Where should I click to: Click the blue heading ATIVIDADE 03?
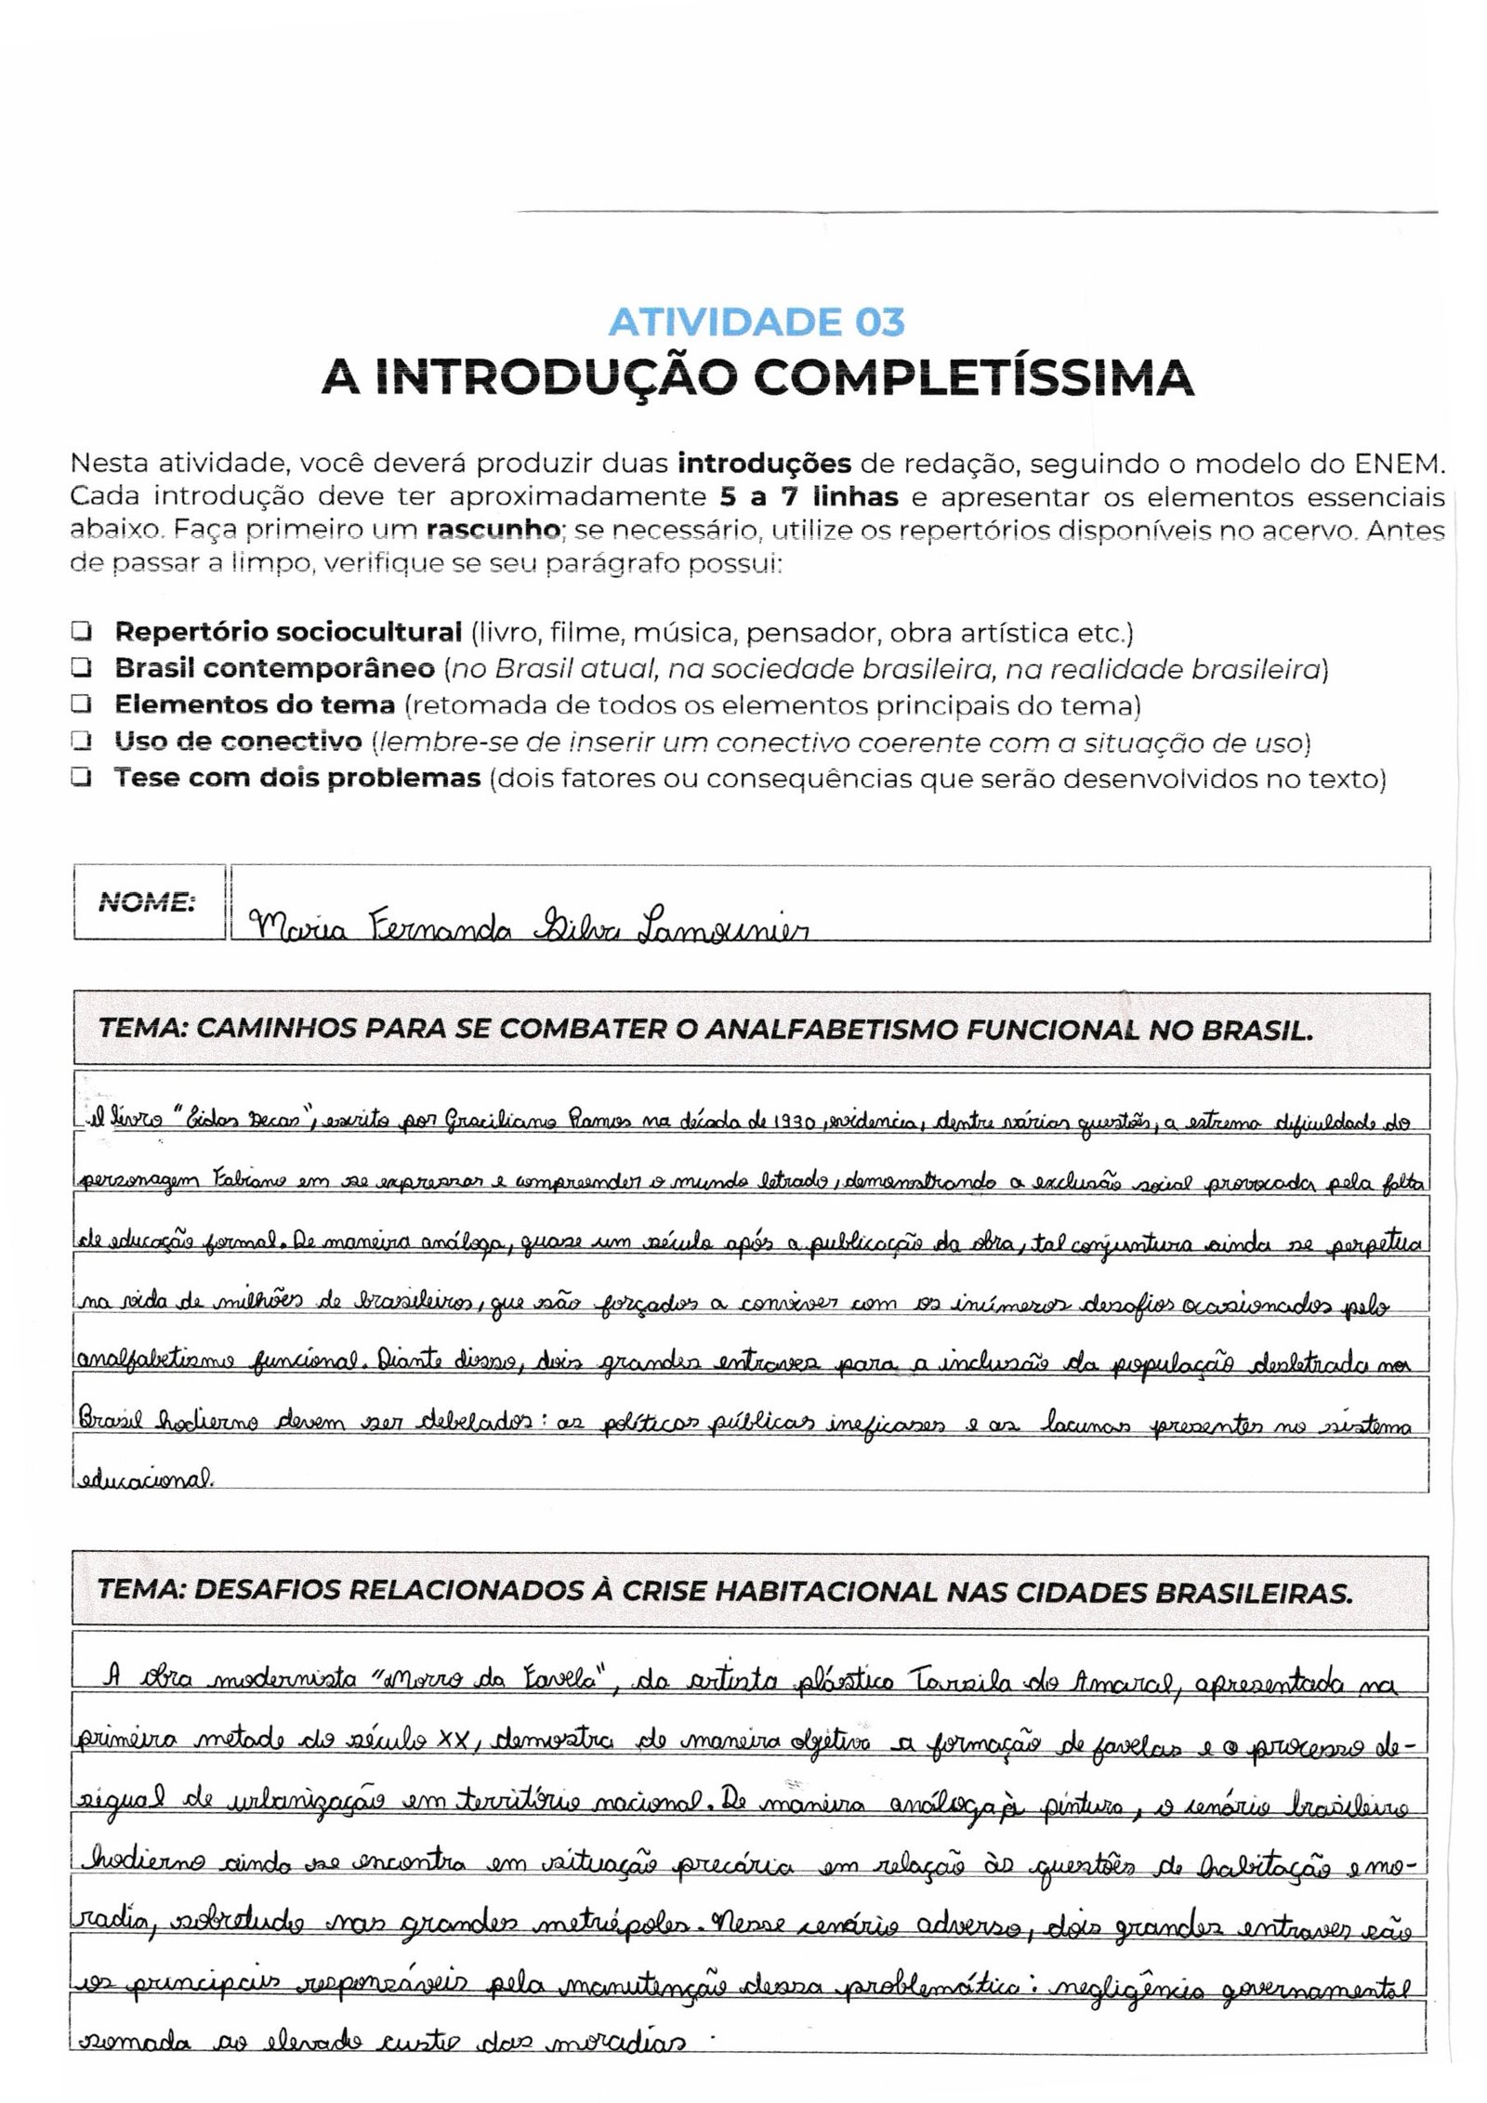(756, 322)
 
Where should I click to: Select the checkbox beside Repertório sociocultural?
(82, 632)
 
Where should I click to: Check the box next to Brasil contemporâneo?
(82, 668)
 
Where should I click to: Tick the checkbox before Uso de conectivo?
(82, 742)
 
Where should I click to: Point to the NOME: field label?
(147, 901)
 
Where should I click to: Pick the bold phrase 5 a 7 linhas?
(809, 496)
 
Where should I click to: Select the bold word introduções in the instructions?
(764, 462)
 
